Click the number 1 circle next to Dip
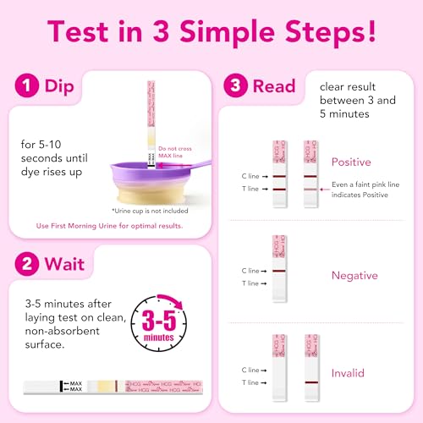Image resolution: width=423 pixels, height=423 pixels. pyautogui.click(x=25, y=86)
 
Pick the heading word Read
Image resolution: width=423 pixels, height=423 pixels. pyautogui.click(x=276, y=86)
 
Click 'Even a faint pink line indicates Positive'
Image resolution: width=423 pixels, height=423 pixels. pyautogui.click(x=365, y=190)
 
